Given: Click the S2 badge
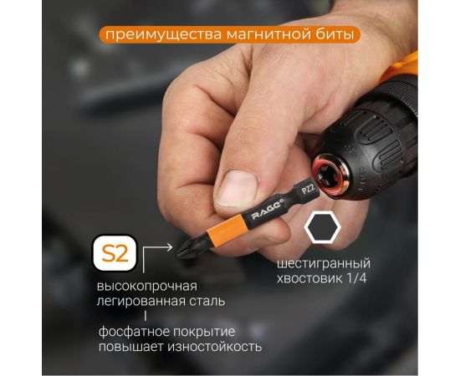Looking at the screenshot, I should click(x=114, y=252).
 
